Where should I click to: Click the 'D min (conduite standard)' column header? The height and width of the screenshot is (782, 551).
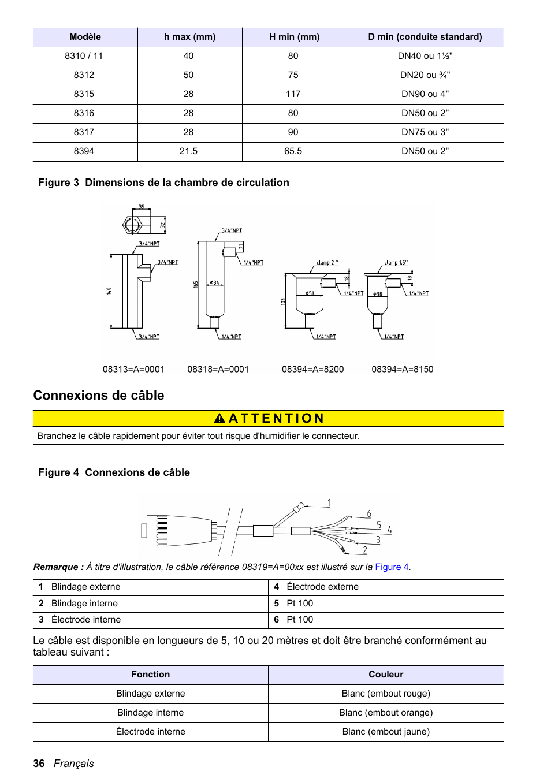pyautogui.click(x=425, y=37)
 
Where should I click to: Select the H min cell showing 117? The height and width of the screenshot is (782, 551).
pyautogui.click(x=293, y=94)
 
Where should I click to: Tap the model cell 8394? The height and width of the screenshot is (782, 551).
pyautogui.click(x=84, y=151)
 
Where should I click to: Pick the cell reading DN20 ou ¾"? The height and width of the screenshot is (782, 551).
pyautogui.click(x=425, y=75)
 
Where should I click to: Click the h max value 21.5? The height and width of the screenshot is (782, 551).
pyautogui.click(x=188, y=151)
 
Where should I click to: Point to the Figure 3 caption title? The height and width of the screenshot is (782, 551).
pyautogui.click(x=163, y=183)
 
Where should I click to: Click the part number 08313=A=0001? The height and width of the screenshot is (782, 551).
pyautogui.click(x=133, y=369)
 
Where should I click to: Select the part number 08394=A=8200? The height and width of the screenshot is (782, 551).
pyautogui.click(x=312, y=369)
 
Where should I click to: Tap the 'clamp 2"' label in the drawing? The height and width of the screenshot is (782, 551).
pyautogui.click(x=327, y=263)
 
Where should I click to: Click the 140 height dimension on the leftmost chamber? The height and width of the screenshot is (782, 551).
pyautogui.click(x=109, y=291)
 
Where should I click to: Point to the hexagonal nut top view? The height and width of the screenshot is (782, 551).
pyautogui.click(x=132, y=225)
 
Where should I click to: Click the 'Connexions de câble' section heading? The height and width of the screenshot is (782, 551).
pyautogui.click(x=99, y=396)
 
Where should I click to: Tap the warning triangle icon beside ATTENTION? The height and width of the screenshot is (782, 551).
pyautogui.click(x=219, y=418)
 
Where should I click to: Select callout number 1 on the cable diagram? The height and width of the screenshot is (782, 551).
pyautogui.click(x=329, y=502)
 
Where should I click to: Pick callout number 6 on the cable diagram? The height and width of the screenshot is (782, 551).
pyautogui.click(x=369, y=513)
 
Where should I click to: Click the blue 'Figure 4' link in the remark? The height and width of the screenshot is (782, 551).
pyautogui.click(x=392, y=567)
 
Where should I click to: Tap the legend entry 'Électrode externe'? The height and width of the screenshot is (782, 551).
pyautogui.click(x=322, y=587)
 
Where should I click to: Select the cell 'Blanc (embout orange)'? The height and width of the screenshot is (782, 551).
pyautogui.click(x=386, y=713)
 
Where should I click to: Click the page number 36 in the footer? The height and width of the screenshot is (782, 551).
pyautogui.click(x=39, y=764)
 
